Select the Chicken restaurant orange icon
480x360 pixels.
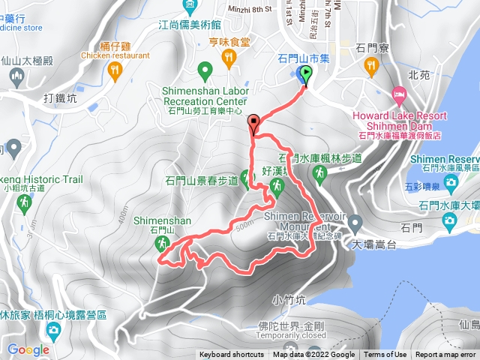pos(115,70)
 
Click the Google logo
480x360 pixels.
pos(28,349)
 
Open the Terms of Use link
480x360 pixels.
pos(385,355)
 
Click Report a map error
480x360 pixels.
pos(446,355)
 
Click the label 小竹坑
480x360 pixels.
pos(289,300)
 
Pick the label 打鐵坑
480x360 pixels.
pos(61,98)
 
